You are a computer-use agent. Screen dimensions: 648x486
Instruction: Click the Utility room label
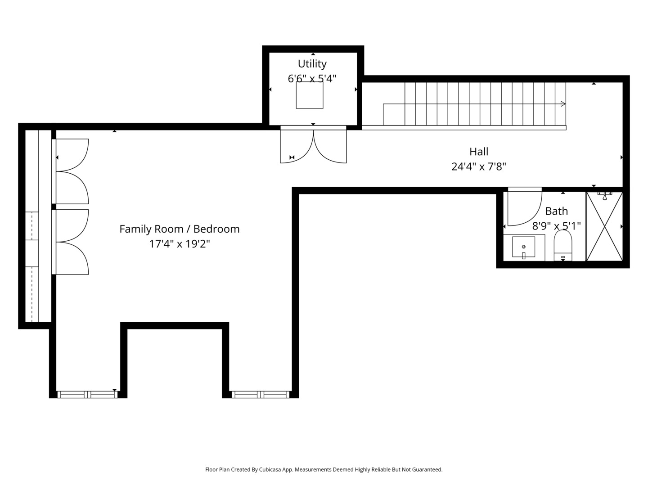(x=312, y=64)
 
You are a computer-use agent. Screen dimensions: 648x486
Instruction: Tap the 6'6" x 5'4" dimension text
(x=312, y=79)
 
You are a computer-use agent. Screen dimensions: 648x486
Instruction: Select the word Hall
(x=478, y=152)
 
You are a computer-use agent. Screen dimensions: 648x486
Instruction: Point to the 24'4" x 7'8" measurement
(x=478, y=166)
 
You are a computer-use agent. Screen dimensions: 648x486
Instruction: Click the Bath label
(x=556, y=211)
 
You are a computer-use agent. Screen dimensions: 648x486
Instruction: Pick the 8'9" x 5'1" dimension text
(x=556, y=226)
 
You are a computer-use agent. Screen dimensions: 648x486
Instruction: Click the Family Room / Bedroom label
(x=180, y=229)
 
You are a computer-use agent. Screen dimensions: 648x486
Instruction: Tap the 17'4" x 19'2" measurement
(x=180, y=244)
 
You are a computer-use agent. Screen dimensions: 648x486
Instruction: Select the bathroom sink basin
(x=523, y=247)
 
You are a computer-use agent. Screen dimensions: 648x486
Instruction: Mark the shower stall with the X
(x=604, y=226)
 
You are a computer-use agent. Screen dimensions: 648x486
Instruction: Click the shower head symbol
(x=605, y=196)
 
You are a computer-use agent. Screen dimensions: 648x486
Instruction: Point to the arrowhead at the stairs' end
(x=563, y=104)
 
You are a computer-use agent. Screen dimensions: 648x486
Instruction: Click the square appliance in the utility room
(x=310, y=95)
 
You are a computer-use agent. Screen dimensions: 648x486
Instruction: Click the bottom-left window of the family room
(x=87, y=395)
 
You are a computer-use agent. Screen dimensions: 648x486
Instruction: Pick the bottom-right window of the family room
(x=261, y=395)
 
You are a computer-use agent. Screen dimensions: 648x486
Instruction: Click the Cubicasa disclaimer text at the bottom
(x=324, y=469)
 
